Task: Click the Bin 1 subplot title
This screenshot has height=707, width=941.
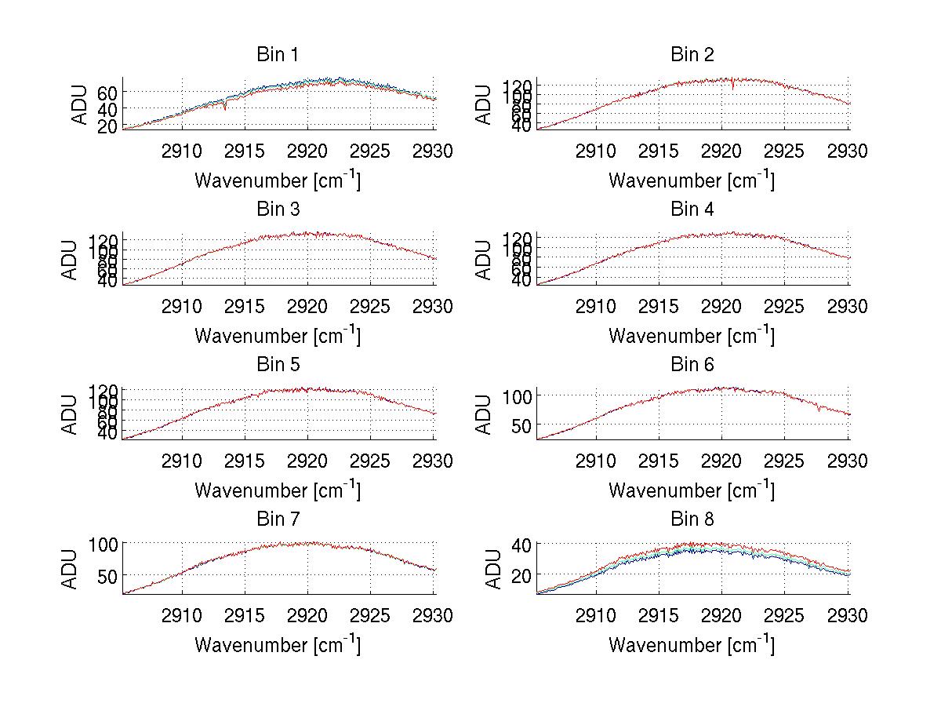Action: [x=278, y=55]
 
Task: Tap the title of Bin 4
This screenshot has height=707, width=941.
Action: [x=692, y=210]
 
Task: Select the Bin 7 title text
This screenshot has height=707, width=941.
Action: [x=278, y=519]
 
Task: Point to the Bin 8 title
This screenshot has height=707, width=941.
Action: [x=692, y=519]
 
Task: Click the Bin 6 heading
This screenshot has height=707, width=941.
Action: [x=692, y=365]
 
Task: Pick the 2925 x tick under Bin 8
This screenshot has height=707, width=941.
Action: [x=785, y=615]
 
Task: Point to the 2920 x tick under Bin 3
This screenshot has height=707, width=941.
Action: [x=308, y=306]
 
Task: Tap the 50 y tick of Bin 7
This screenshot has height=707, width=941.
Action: [x=108, y=575]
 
